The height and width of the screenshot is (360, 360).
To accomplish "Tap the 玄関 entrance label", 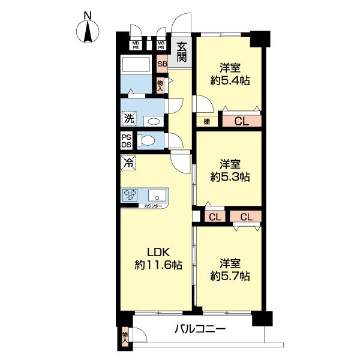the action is click(182, 53).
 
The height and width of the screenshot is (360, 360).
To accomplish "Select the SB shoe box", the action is click(162, 64).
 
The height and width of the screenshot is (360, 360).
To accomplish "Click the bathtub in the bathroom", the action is click(136, 65).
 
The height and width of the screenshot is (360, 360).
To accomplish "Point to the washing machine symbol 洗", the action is click(129, 118).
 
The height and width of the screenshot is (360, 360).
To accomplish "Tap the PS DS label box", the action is click(126, 141).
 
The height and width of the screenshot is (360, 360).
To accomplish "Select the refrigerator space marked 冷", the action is click(128, 163).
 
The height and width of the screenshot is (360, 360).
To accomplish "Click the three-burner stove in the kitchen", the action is click(130, 195).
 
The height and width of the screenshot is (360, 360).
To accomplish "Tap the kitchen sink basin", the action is click(157, 196).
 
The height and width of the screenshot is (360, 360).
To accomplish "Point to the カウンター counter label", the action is click(153, 206).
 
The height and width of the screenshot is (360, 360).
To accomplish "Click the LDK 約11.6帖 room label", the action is click(158, 259).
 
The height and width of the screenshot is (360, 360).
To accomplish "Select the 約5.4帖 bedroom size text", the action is click(230, 80).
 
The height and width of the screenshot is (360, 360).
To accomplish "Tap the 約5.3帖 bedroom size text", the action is click(230, 177).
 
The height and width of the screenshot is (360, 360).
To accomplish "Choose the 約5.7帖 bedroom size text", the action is click(230, 276).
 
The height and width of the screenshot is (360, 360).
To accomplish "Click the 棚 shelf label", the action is click(206, 122).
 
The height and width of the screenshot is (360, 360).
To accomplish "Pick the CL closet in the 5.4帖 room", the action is click(242, 121).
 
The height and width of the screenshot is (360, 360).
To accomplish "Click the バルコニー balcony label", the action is click(200, 329).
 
